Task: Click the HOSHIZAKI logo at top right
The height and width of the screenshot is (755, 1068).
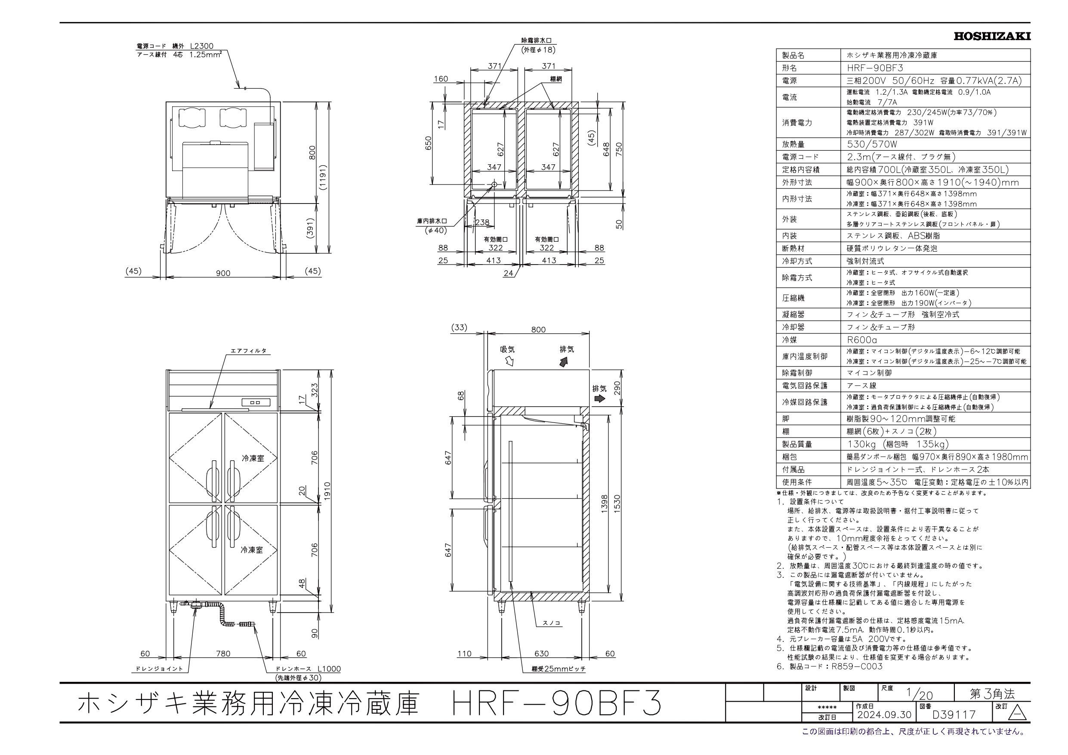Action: pos(992,36)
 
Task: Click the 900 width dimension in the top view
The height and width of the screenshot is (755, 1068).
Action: pos(223,273)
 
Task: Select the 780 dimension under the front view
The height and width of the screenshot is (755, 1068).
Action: pos(223,653)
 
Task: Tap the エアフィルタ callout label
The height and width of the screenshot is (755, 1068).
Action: pos(249,351)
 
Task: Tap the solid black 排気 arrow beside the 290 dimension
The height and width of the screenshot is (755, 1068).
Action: pos(599,399)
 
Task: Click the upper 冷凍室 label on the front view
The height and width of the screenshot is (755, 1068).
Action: pos(253,458)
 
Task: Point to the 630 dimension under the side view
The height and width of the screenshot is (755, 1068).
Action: pos(541,653)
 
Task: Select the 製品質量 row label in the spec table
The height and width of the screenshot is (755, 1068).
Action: pos(797,444)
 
